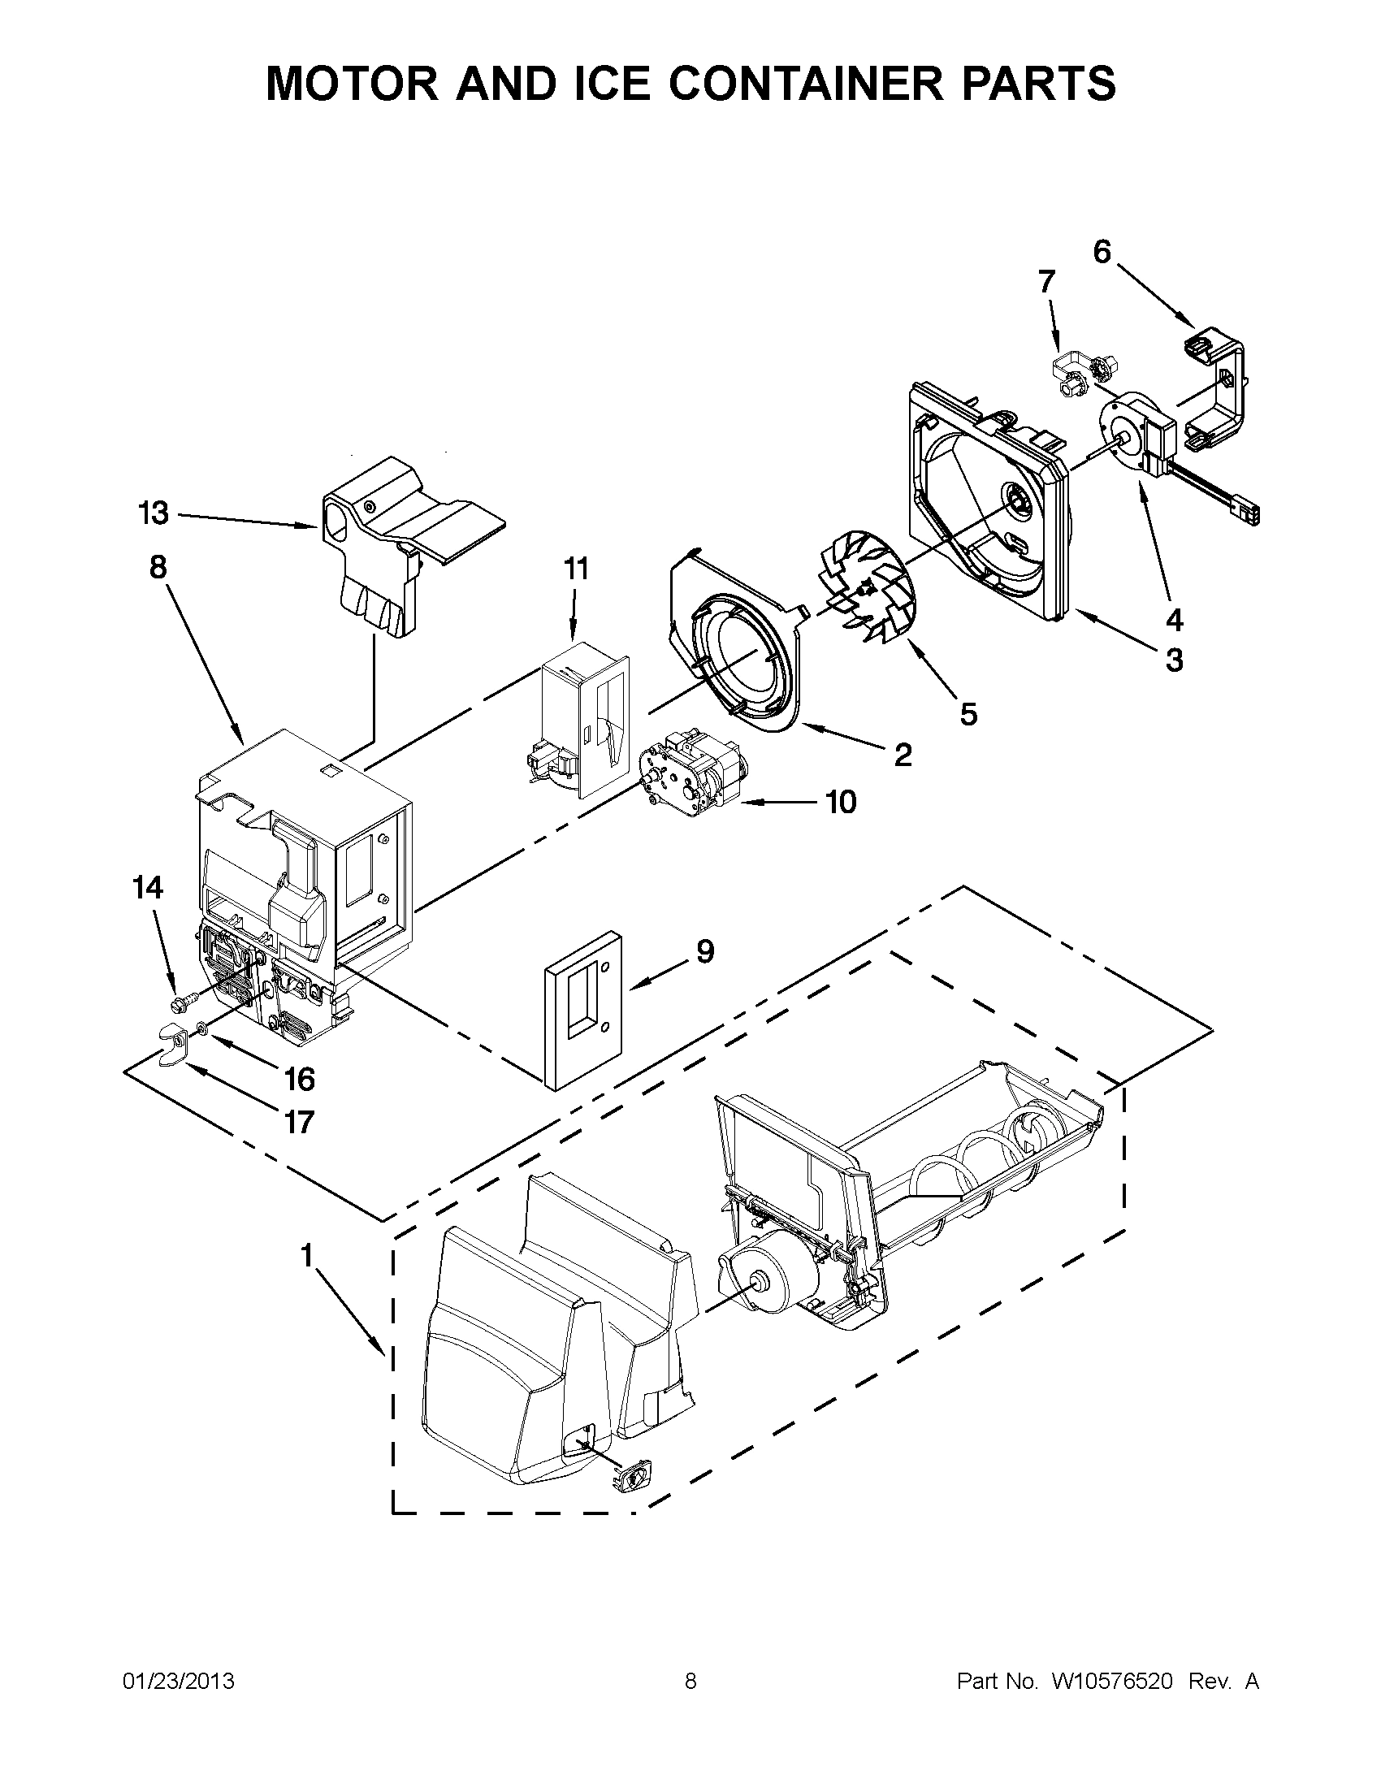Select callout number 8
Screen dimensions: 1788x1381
(x=158, y=566)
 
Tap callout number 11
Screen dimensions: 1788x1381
(x=576, y=569)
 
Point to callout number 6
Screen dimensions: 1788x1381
(x=1102, y=253)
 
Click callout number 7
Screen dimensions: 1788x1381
(x=1046, y=282)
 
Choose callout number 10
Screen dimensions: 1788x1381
(x=841, y=803)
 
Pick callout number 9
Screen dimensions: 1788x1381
(x=705, y=950)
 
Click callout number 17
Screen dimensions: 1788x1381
(x=300, y=1121)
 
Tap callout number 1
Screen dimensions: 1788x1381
(x=307, y=1256)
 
